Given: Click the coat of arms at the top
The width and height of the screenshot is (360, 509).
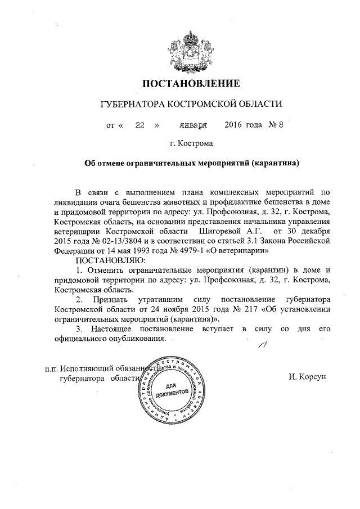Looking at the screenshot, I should (x=191, y=46).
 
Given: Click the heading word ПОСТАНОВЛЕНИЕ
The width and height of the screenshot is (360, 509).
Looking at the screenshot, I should (x=191, y=84).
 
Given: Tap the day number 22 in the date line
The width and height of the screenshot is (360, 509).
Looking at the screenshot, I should (x=140, y=125).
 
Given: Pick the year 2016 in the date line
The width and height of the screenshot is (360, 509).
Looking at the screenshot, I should (x=236, y=125).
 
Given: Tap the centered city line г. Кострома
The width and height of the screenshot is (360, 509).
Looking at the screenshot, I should (x=191, y=144).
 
